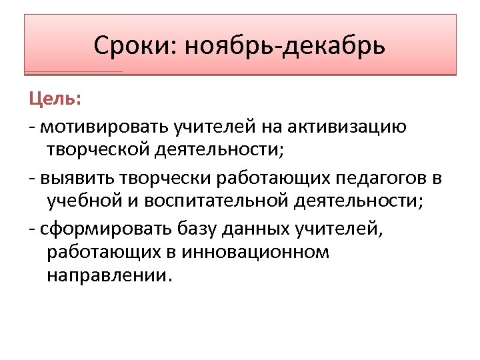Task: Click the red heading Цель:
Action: click(55, 100)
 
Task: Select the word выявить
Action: click(78, 179)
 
